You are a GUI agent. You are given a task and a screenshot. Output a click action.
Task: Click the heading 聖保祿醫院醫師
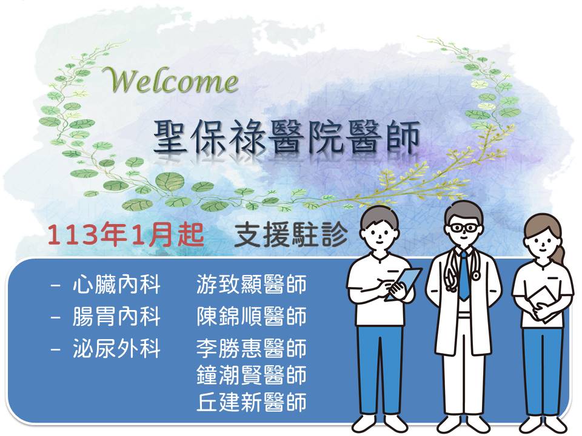click(x=287, y=137)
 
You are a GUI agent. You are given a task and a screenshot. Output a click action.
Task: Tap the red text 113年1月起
click(x=126, y=235)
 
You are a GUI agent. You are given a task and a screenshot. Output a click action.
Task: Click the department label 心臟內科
click(x=116, y=285)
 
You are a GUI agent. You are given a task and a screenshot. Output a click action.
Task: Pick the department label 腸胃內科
click(x=116, y=316)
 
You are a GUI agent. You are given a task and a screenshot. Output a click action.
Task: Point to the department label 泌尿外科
click(x=116, y=349)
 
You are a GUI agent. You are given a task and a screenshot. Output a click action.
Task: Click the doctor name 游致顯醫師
click(x=251, y=285)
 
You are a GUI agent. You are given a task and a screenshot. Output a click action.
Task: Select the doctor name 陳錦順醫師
click(x=251, y=316)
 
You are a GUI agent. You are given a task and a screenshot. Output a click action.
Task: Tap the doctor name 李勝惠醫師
click(x=251, y=349)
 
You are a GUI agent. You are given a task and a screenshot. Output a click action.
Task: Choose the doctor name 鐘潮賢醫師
click(x=251, y=375)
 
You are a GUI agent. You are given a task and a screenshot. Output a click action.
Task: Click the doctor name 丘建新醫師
click(x=251, y=402)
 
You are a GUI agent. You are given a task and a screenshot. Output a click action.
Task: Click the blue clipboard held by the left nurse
click(x=404, y=283)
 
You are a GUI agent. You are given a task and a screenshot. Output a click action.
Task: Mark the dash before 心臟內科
click(x=55, y=285)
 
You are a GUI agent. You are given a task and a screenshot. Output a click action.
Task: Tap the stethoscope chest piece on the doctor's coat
click(x=475, y=275)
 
